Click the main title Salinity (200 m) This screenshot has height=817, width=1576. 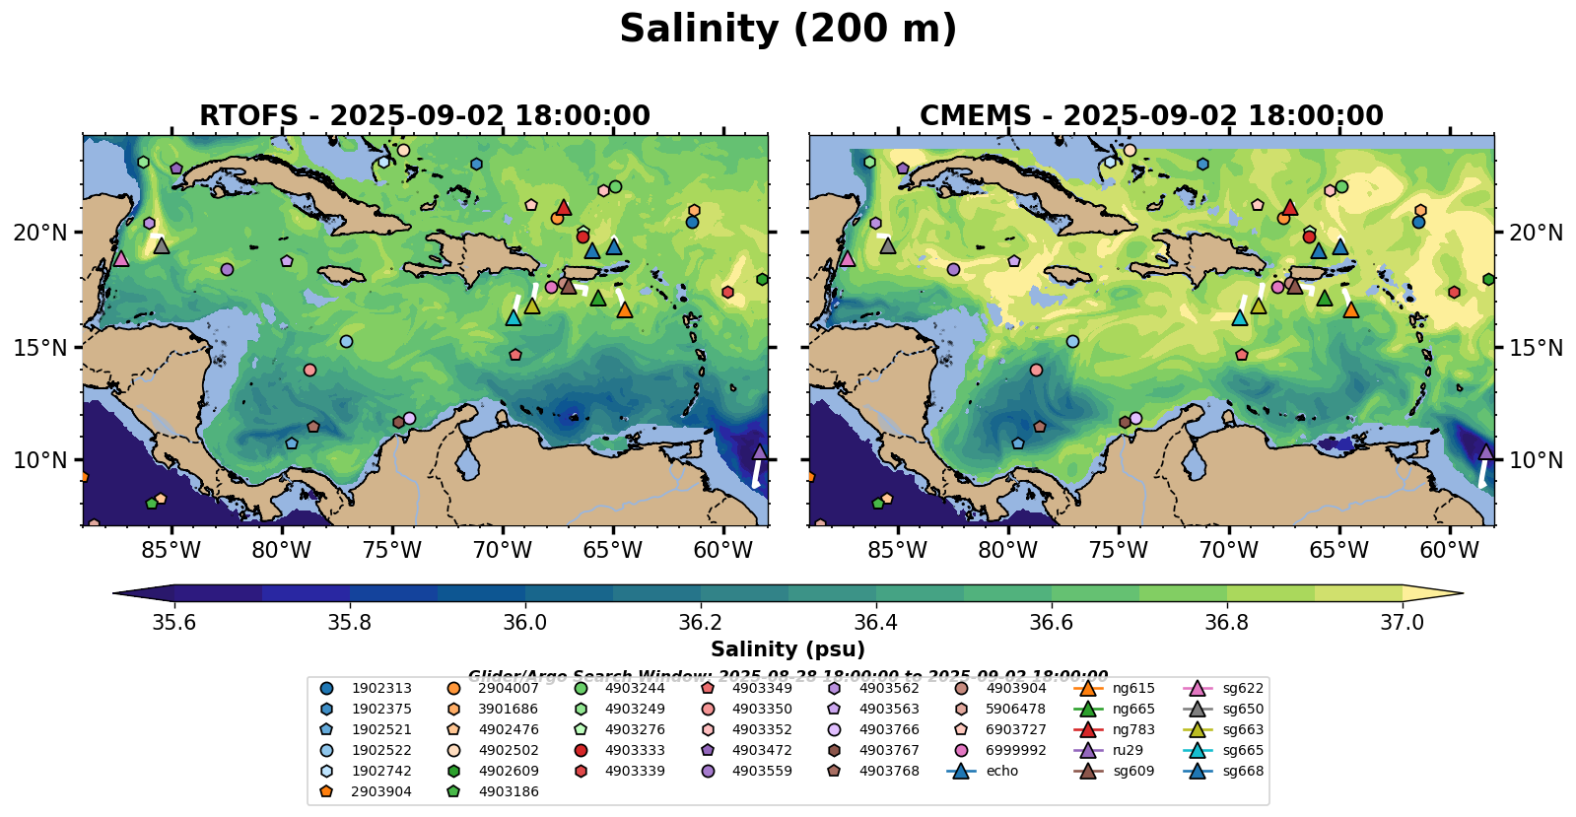(x=788, y=30)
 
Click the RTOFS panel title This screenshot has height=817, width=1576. (x=425, y=116)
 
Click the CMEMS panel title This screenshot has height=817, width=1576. (x=1151, y=116)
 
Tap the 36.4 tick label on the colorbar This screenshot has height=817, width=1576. (x=875, y=623)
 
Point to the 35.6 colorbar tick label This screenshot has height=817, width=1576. (x=174, y=623)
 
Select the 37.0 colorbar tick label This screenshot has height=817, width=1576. (x=1402, y=623)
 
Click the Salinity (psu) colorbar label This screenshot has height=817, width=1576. (x=788, y=649)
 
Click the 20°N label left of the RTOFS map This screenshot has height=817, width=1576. (x=40, y=234)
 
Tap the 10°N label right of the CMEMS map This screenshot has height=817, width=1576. (x=1536, y=460)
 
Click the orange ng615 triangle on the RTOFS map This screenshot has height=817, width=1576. (x=624, y=309)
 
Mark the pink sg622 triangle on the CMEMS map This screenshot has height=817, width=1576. (x=847, y=258)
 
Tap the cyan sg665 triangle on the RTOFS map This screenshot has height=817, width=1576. (x=513, y=317)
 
